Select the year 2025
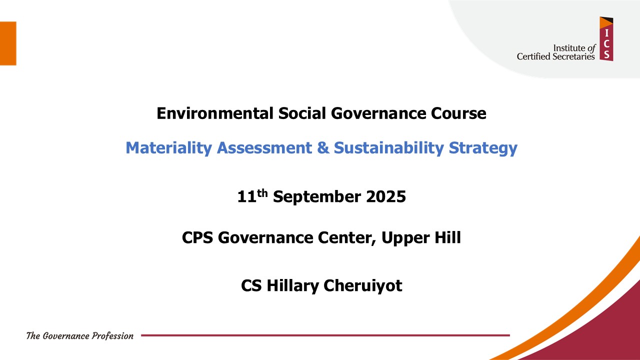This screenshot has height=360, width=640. point(385,197)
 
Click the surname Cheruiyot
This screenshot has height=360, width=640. point(363,286)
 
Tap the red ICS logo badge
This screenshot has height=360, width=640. point(606,39)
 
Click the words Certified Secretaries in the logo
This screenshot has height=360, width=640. point(555,56)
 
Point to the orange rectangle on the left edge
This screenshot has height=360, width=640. point(8,43)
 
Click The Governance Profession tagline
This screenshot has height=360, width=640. point(80,336)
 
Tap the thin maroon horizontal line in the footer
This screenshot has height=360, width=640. point(325,335)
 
